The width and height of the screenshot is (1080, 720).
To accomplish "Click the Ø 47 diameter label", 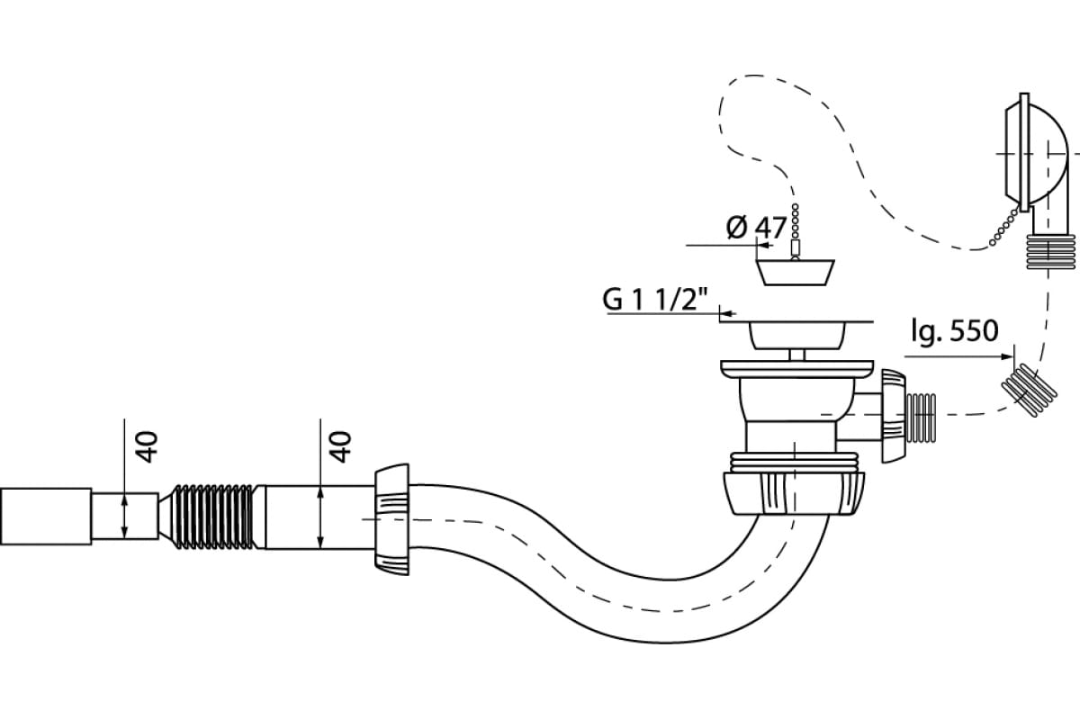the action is (756, 227).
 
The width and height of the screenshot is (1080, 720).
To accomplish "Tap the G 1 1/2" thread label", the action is (655, 299).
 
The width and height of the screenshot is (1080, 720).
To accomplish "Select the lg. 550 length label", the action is (955, 331).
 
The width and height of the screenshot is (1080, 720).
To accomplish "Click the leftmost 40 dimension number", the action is (148, 446).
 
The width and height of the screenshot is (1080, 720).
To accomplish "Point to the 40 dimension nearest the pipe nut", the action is (341, 446).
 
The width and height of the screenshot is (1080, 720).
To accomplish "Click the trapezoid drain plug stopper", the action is (795, 273).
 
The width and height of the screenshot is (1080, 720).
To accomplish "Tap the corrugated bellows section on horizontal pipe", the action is (212, 517).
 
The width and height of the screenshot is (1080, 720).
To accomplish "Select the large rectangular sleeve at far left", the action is (46, 517).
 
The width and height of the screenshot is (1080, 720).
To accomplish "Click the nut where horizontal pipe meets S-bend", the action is (391, 519).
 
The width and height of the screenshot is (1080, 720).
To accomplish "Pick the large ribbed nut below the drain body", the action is (794, 494).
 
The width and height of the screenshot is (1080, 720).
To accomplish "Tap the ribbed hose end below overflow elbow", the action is (1051, 252).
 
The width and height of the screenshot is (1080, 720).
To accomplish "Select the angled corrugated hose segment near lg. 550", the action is (1030, 391).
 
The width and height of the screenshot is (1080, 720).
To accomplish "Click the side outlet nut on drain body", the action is (893, 416).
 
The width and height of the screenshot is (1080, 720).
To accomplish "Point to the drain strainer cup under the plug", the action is (796, 336).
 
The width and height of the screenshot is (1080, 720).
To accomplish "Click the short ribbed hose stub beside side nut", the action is (921, 418).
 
